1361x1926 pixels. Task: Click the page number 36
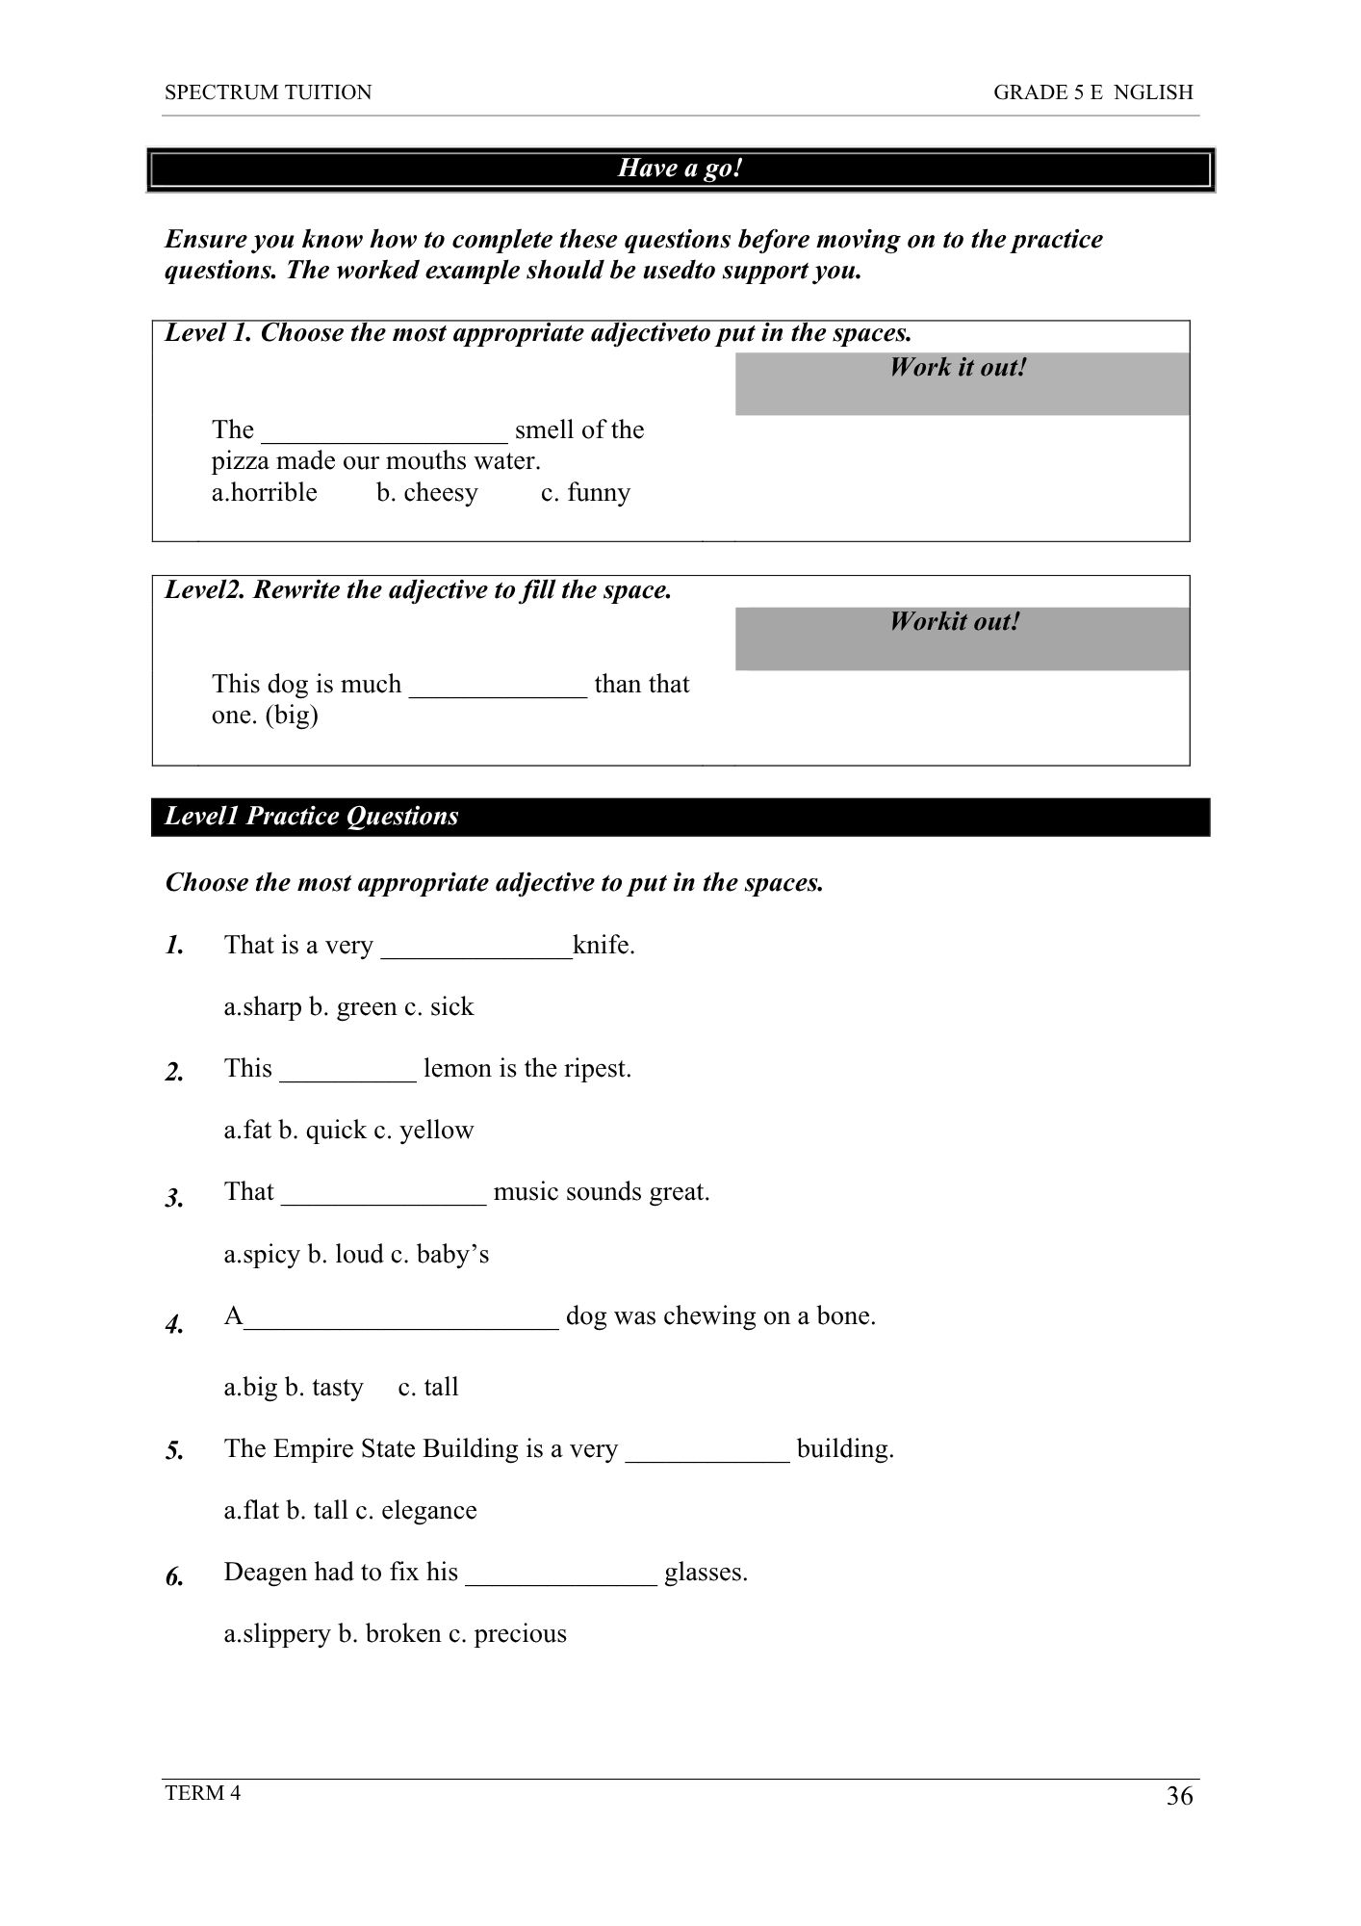coord(1179,1796)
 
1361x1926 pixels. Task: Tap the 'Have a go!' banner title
coord(680,169)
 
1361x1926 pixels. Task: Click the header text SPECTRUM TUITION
coord(268,92)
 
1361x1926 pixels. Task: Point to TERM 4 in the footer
coord(202,1792)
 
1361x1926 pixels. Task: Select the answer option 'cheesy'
coord(440,493)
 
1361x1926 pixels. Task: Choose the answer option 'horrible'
coord(274,493)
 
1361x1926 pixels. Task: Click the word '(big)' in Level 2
coord(292,716)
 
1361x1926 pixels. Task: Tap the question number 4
coord(174,1326)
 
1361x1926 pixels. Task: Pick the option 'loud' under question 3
coord(358,1255)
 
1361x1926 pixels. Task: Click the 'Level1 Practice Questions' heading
coord(311,817)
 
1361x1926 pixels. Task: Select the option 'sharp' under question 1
coord(271,1007)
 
